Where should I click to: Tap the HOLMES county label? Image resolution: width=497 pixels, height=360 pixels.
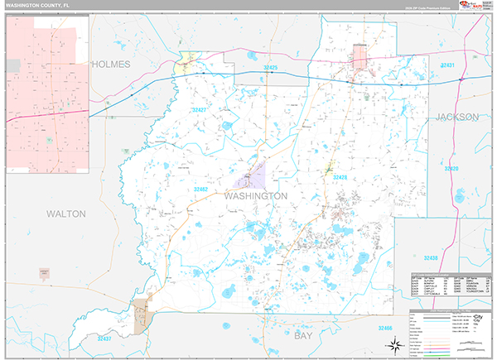(112, 64)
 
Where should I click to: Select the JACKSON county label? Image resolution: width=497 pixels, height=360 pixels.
(457, 118)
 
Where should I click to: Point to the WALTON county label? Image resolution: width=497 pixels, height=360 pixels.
(65, 214)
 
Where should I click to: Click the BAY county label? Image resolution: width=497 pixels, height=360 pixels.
(305, 337)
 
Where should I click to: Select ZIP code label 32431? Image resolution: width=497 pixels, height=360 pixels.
(448, 65)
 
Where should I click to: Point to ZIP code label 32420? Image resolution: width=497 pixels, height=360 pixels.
(451, 170)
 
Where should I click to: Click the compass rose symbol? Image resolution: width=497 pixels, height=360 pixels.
(396, 344)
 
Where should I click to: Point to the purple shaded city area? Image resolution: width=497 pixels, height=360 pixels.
(252, 175)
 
